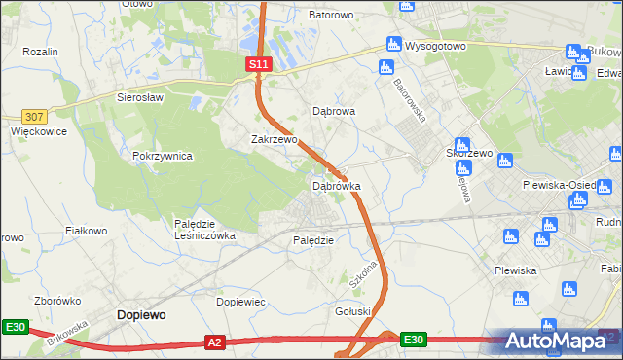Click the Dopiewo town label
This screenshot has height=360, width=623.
(141, 314)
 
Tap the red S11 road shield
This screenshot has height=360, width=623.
(257, 64)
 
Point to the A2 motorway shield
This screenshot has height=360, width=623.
(216, 342)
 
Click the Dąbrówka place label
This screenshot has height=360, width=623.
(336, 185)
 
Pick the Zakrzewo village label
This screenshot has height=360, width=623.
(274, 139)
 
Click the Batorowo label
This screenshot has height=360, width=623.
(330, 16)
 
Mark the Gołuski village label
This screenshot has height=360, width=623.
(353, 311)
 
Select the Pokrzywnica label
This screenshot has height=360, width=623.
(163, 156)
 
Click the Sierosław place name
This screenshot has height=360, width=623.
(140, 97)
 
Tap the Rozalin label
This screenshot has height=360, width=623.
(40, 51)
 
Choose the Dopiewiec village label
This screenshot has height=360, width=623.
(240, 302)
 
